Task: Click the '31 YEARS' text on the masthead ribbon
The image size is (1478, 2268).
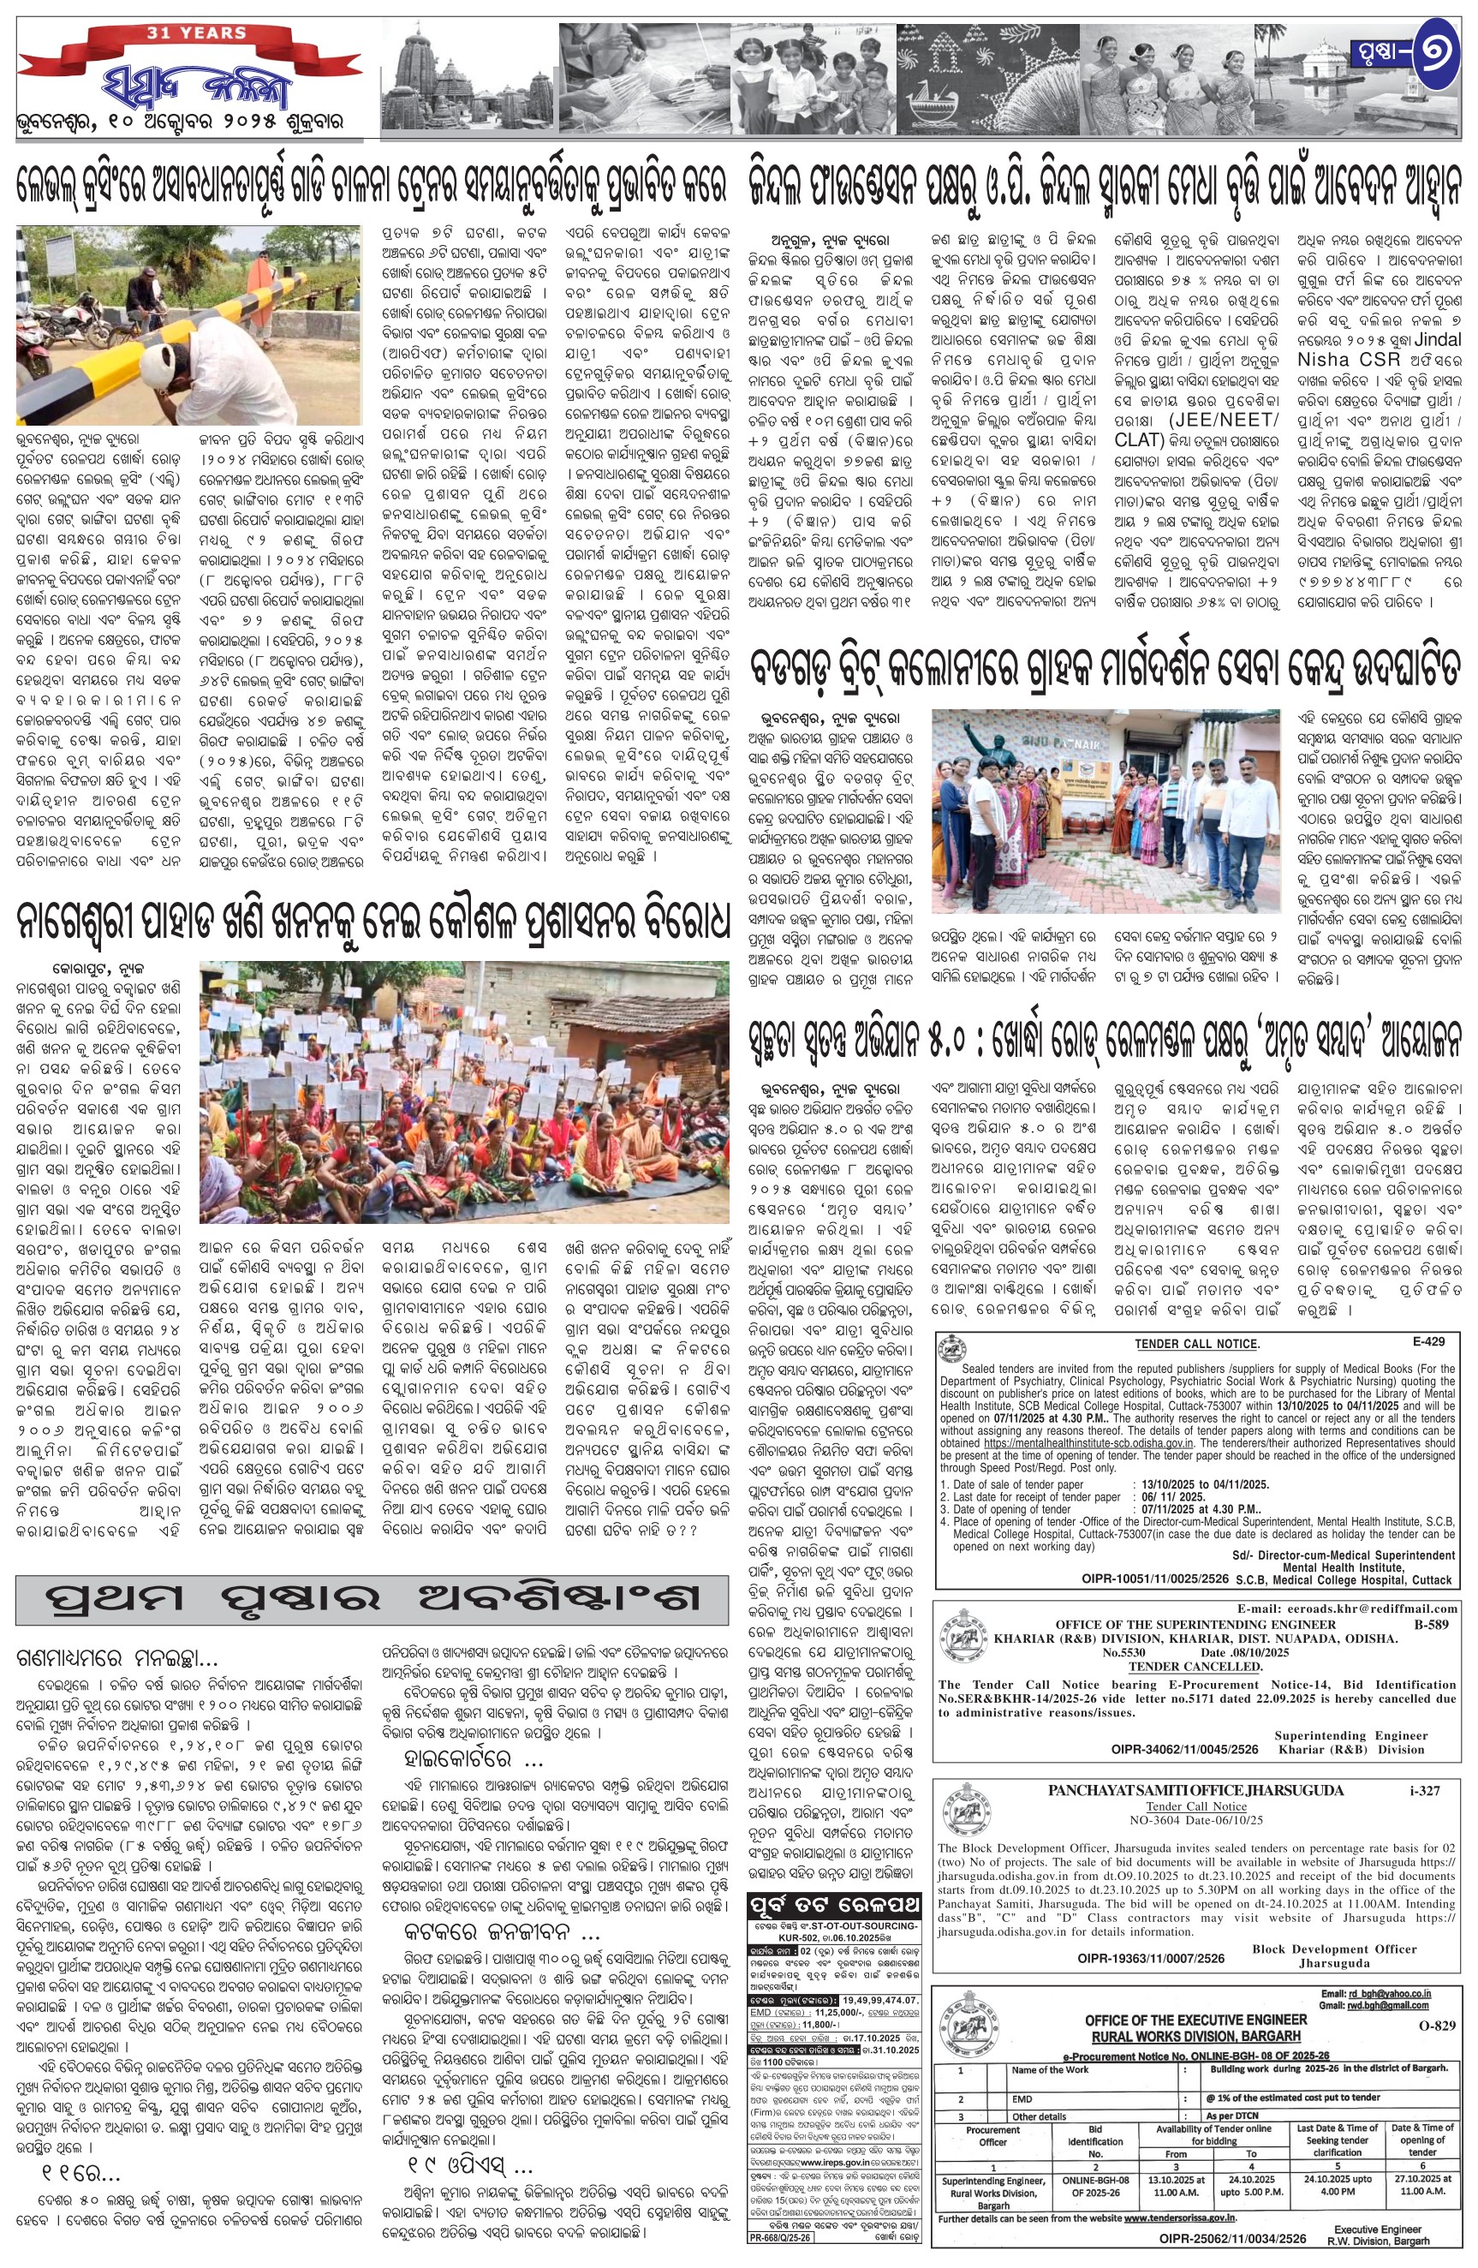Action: point(196,33)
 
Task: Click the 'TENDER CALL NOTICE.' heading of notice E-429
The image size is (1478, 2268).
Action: point(1197,1344)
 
